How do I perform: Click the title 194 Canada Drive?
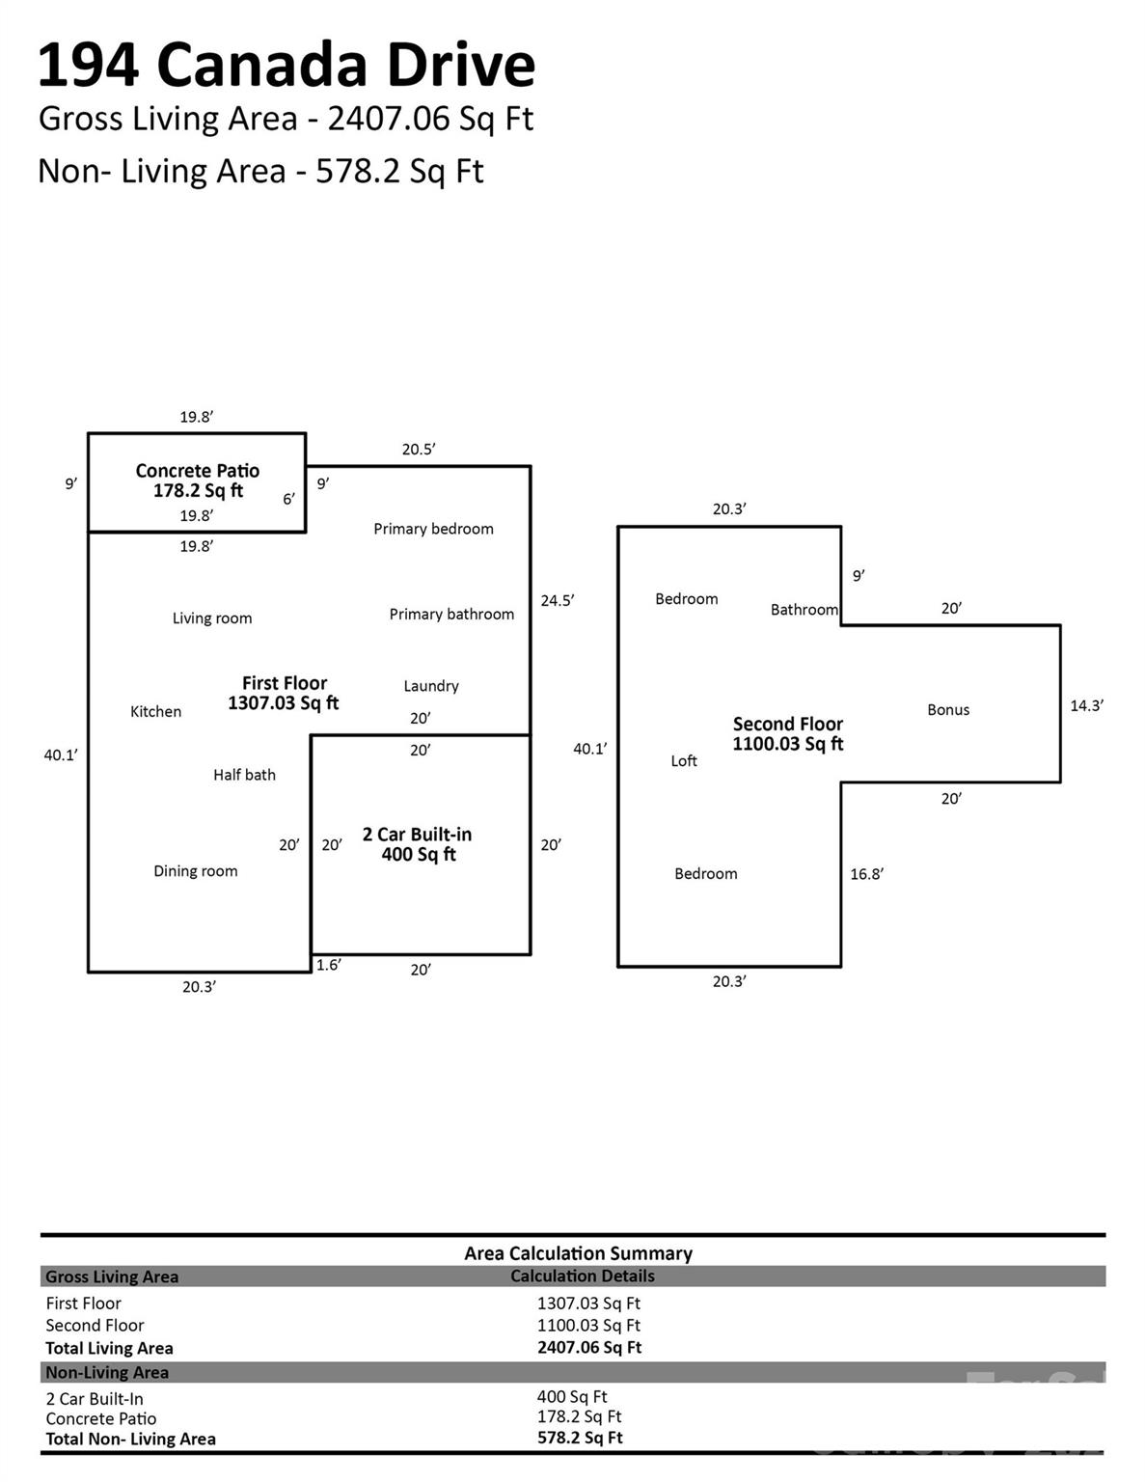coord(286,66)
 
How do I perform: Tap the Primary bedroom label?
coord(433,529)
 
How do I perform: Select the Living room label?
coord(212,618)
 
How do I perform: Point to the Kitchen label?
coord(155,712)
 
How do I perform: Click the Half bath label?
coord(244,775)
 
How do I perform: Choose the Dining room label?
coord(195,871)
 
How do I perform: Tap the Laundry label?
coord(430,686)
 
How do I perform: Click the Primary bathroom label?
coord(451,615)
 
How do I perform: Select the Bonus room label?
coord(948,710)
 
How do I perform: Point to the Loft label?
coord(684,761)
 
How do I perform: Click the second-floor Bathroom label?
coord(804,610)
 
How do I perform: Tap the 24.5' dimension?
coord(557,601)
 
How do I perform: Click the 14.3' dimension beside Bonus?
coord(1086,706)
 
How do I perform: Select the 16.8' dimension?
coord(866,875)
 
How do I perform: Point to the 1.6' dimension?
coord(328,965)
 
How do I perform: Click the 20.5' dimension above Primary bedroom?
coord(419,450)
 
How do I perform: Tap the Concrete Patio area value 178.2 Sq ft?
coord(198,491)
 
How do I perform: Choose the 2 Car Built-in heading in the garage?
coord(417,835)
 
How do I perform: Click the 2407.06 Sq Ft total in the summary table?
coord(588,1348)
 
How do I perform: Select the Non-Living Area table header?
coord(107,1373)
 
